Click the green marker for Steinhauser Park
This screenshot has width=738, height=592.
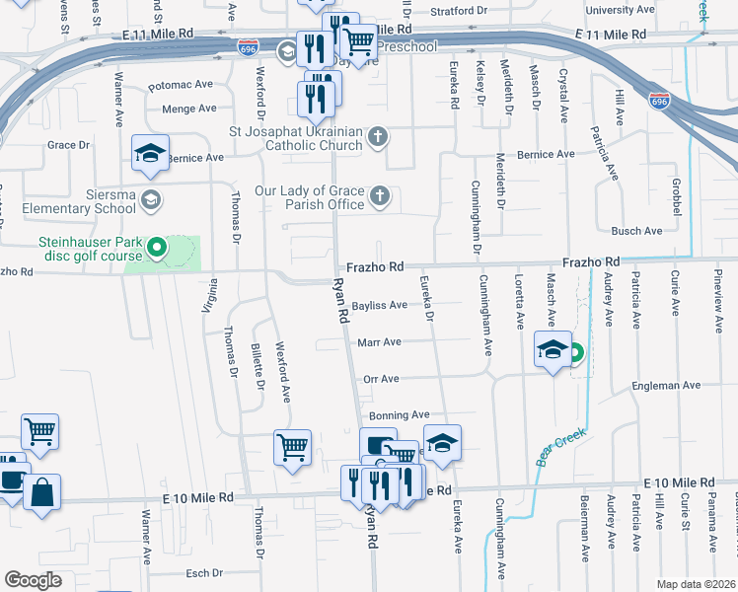point(155,247)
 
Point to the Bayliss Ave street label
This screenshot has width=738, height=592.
point(380,306)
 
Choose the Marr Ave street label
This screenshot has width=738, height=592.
point(379,342)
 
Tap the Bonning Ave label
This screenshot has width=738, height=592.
point(400,415)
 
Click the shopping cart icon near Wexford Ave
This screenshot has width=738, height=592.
point(293,447)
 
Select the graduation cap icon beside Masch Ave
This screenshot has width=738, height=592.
point(553,348)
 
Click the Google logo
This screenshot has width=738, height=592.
point(33,580)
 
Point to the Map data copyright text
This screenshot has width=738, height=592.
point(695,584)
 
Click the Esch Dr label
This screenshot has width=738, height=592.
point(205,572)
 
